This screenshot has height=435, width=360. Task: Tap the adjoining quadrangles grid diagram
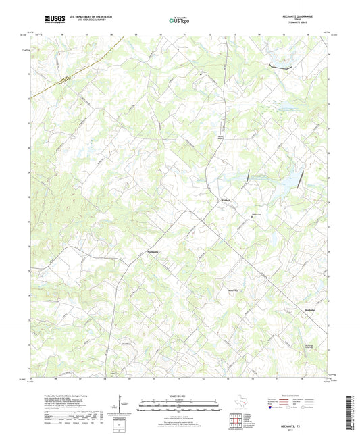click(235, 421)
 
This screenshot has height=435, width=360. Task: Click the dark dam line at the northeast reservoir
click(278, 66)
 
